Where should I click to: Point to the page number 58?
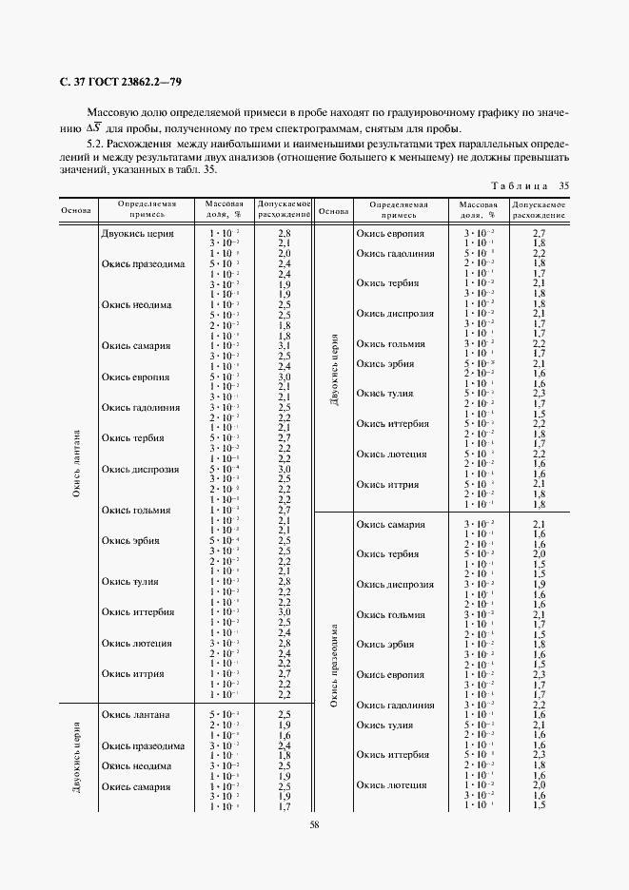coord(314,824)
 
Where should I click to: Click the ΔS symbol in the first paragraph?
coord(94,128)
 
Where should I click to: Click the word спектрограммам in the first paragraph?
coord(342,129)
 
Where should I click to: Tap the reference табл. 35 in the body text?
coord(195,170)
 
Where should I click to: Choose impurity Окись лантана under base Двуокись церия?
coord(136,714)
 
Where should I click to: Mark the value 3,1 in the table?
coord(284,345)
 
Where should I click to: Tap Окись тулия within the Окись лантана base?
coord(131,582)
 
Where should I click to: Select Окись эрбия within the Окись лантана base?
coord(131,540)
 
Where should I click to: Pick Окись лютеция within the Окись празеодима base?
coord(391,785)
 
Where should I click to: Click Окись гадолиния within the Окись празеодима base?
coord(395,705)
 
